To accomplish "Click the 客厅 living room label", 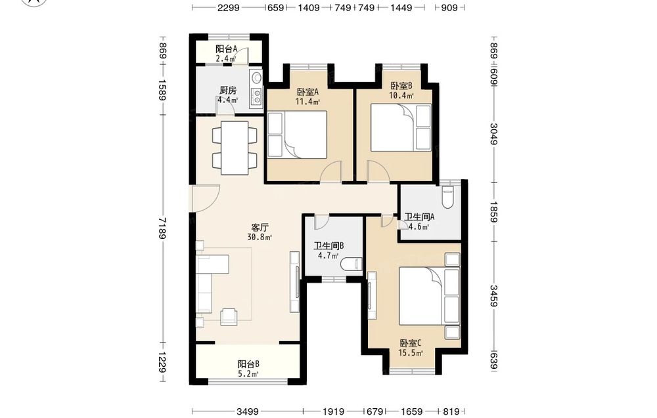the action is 260,228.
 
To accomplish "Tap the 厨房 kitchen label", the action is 228,91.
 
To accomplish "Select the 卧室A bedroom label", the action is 308,92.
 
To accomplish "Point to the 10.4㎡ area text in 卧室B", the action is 401,95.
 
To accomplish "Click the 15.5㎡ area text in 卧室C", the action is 410,353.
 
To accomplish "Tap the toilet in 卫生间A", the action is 447,198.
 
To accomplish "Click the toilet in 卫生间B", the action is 351,264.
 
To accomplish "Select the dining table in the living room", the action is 235,148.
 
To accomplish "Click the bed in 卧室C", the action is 430,295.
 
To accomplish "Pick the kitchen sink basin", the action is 256,78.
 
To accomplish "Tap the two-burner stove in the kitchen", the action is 256,96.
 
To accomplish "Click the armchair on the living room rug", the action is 229,316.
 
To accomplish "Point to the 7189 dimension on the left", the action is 162,228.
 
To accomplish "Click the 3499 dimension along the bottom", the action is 248,411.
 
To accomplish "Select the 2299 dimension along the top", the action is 229,7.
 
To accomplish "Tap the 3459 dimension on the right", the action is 494,296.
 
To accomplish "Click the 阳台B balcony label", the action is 248,364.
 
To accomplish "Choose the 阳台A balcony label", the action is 226,49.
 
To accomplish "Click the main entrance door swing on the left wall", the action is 205,198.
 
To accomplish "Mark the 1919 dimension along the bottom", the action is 334,411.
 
